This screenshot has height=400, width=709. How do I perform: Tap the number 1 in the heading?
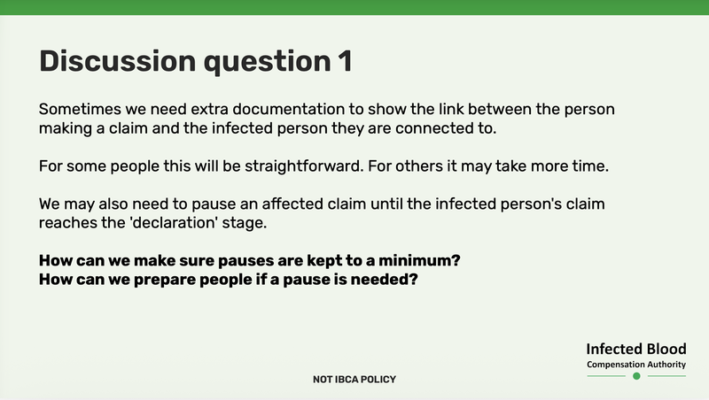click(x=343, y=61)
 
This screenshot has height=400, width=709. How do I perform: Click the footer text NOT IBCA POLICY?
click(x=354, y=380)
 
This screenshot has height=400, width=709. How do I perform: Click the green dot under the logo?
click(x=636, y=376)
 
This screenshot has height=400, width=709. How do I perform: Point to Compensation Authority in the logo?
click(x=636, y=365)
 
